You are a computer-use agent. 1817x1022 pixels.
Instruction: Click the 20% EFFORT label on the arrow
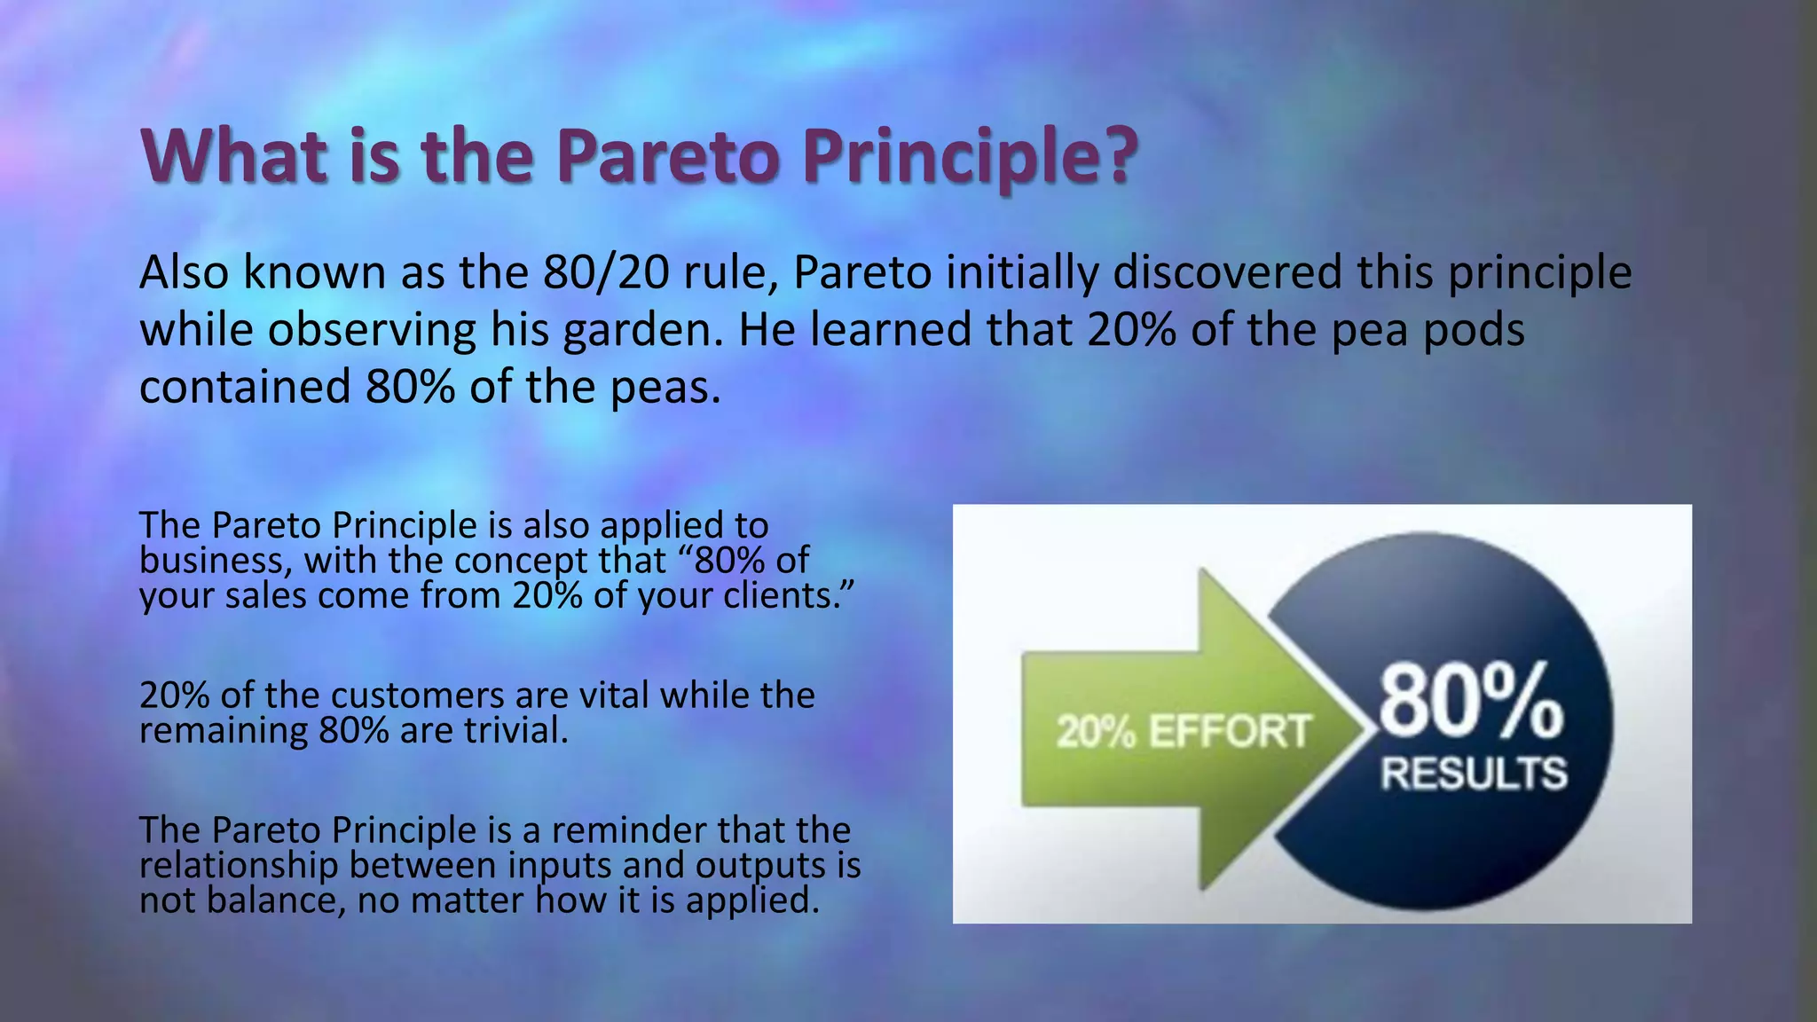click(x=1183, y=732)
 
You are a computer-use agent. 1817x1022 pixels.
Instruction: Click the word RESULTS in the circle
click(x=1474, y=774)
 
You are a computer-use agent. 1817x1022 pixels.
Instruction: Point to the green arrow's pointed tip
click(x=1362, y=729)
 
